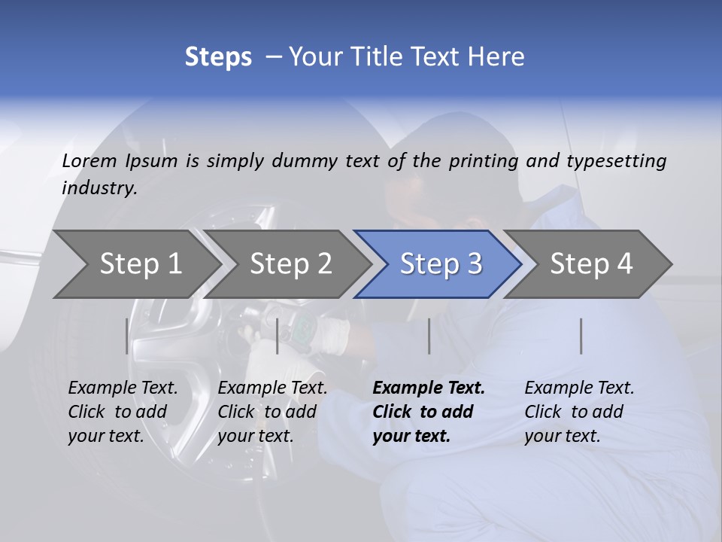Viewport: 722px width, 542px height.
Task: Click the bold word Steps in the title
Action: tap(218, 56)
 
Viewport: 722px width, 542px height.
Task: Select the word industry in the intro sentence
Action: tap(99, 188)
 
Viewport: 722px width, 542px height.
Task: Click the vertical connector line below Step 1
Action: tap(126, 336)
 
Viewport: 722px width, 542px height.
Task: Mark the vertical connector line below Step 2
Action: tap(278, 336)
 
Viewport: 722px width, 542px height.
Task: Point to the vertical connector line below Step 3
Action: tap(429, 336)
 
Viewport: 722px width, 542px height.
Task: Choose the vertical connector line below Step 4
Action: tap(581, 336)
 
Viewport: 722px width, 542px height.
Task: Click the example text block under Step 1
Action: tap(122, 412)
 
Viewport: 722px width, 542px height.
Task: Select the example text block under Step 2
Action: tap(272, 412)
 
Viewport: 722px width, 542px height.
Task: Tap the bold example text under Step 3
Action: tap(428, 412)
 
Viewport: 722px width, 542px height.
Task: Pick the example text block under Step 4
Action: tap(578, 412)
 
